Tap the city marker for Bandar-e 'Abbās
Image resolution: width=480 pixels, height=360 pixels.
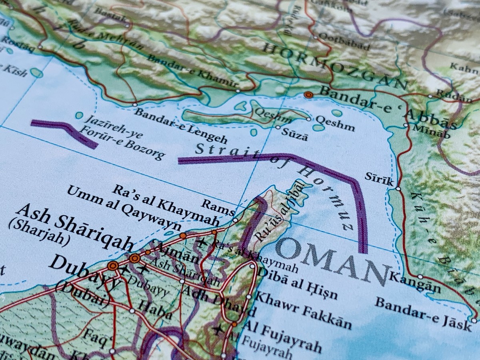308,95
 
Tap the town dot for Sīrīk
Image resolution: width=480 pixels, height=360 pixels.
398,188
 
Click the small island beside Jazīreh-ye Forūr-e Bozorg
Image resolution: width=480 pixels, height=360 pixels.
79,115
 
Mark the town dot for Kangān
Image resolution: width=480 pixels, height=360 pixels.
420,276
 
